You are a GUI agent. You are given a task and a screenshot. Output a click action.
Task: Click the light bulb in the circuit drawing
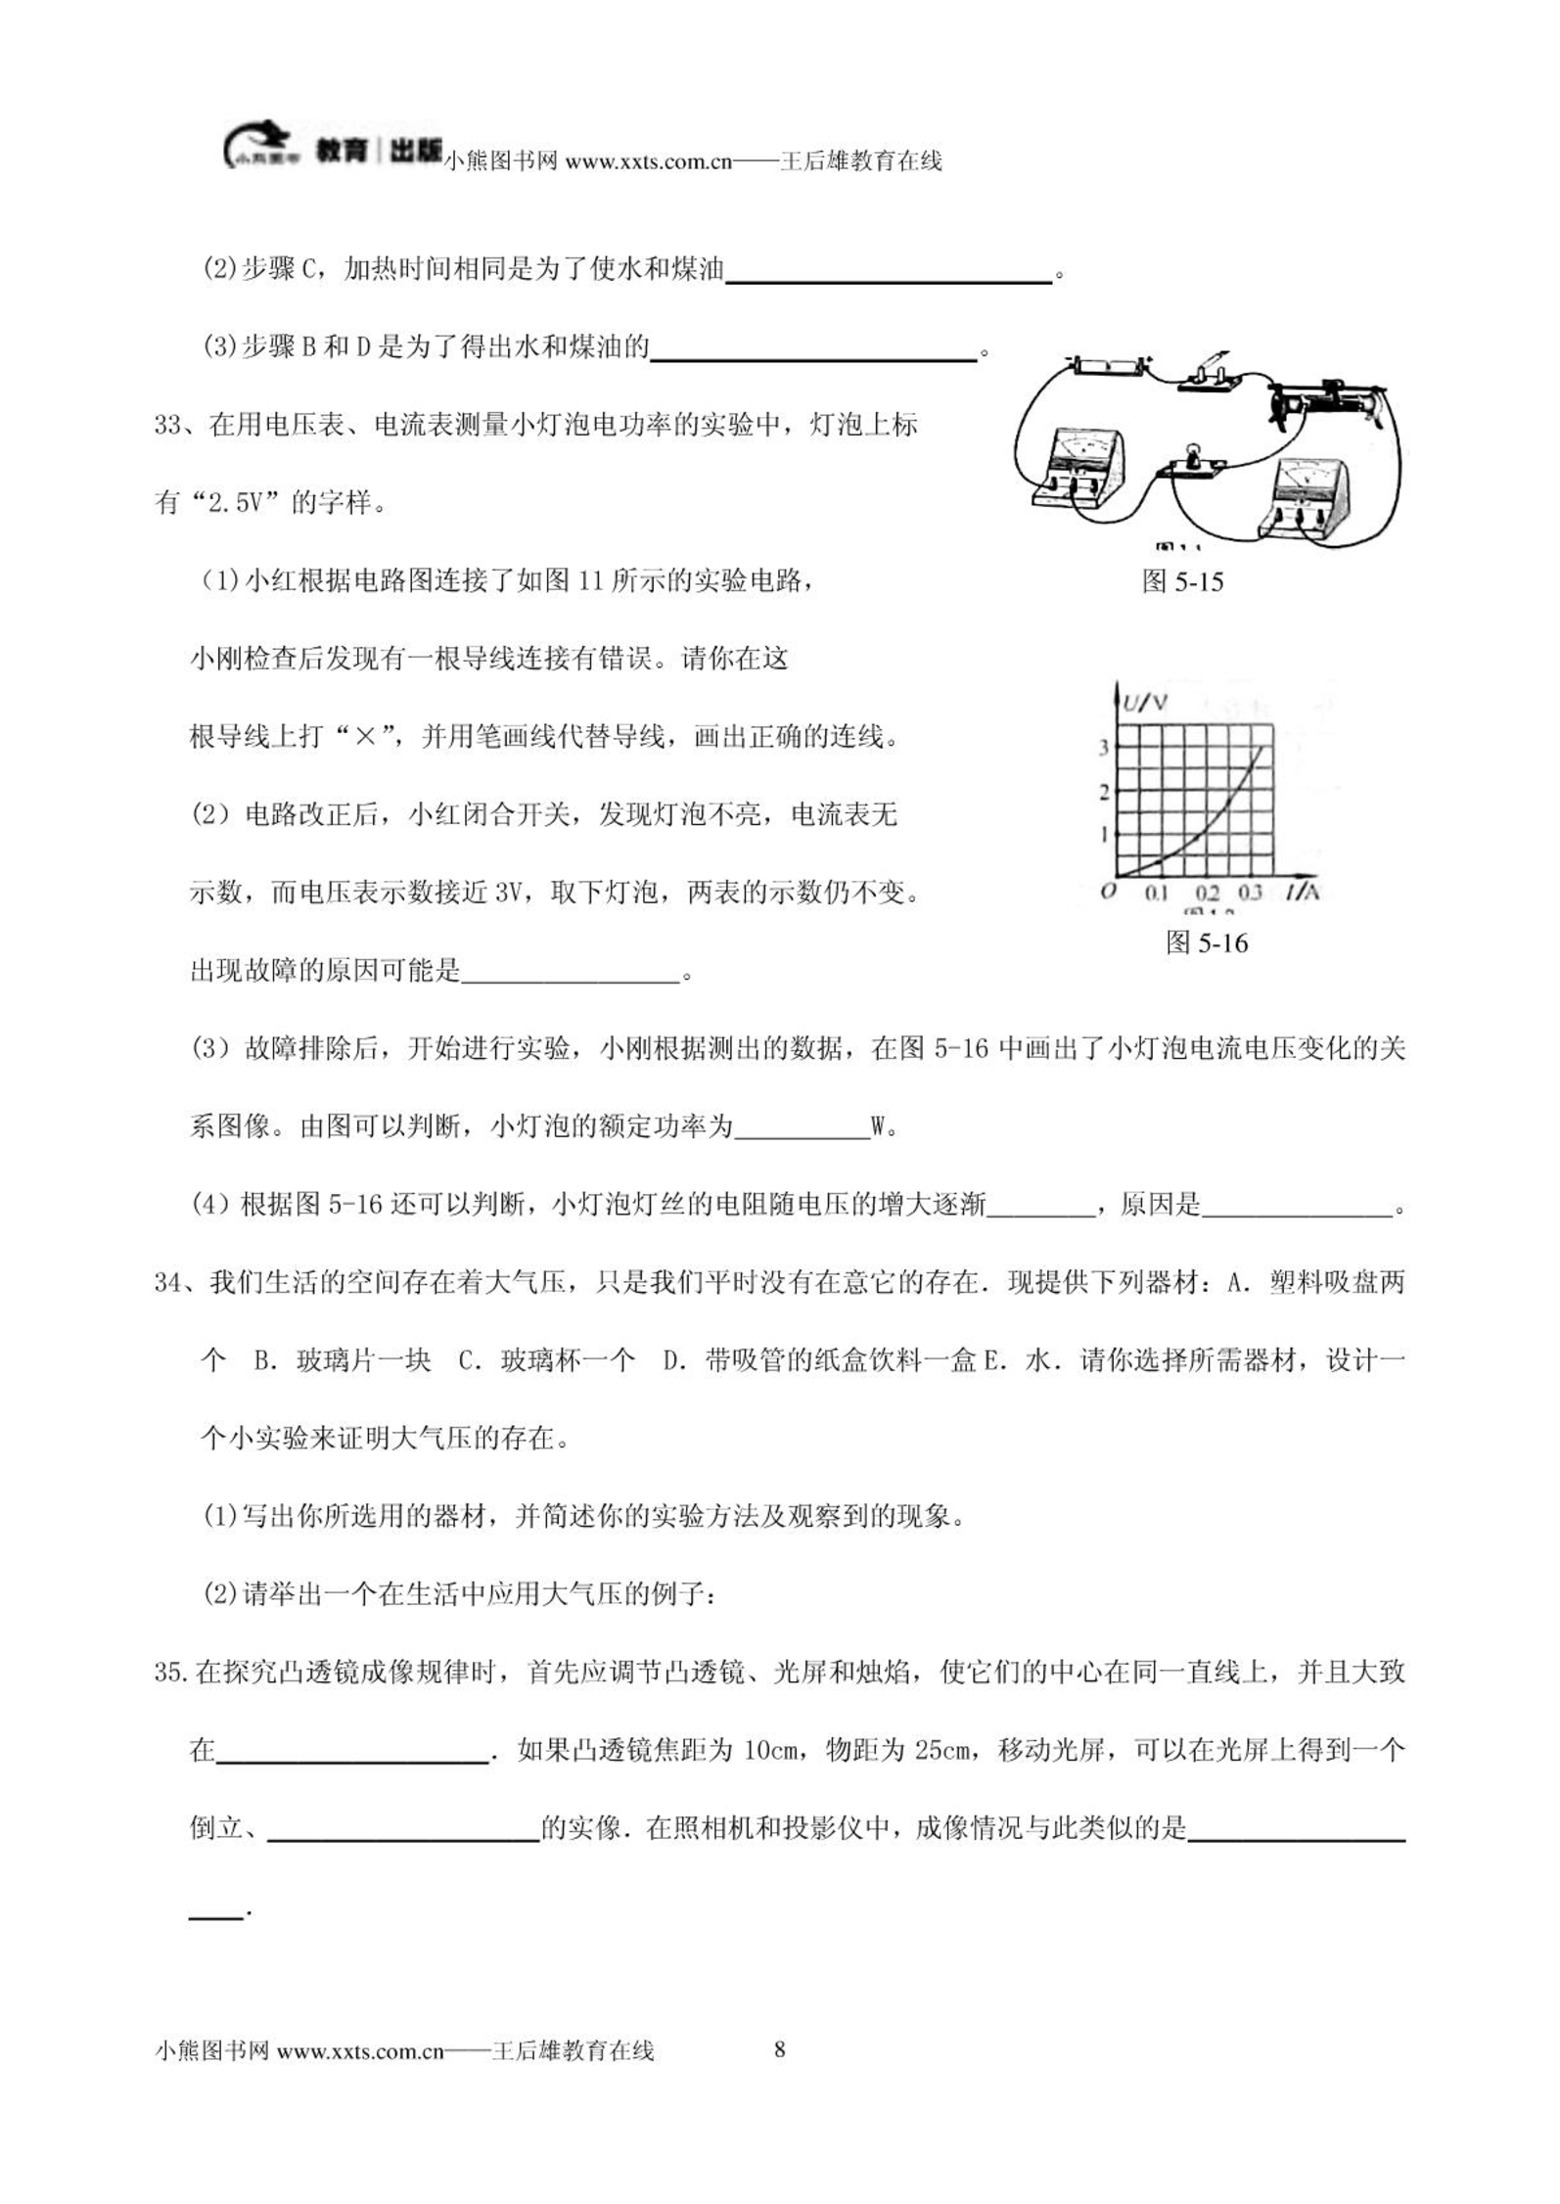[1192, 454]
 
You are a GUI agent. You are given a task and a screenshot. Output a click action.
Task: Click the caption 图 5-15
[1182, 582]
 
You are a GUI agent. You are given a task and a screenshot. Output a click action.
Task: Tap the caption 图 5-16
[1207, 942]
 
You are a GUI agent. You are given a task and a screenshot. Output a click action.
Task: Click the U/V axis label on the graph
[1144, 702]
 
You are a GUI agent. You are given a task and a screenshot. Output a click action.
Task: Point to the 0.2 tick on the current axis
[1207, 893]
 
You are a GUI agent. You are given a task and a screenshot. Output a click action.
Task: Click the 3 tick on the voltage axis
[1104, 748]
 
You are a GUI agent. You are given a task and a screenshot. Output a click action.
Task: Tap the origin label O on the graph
[1108, 892]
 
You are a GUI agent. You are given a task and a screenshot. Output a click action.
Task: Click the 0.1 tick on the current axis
[1156, 893]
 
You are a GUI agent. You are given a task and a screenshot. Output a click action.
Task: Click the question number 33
[167, 425]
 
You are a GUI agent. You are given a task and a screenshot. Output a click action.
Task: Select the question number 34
[167, 1282]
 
